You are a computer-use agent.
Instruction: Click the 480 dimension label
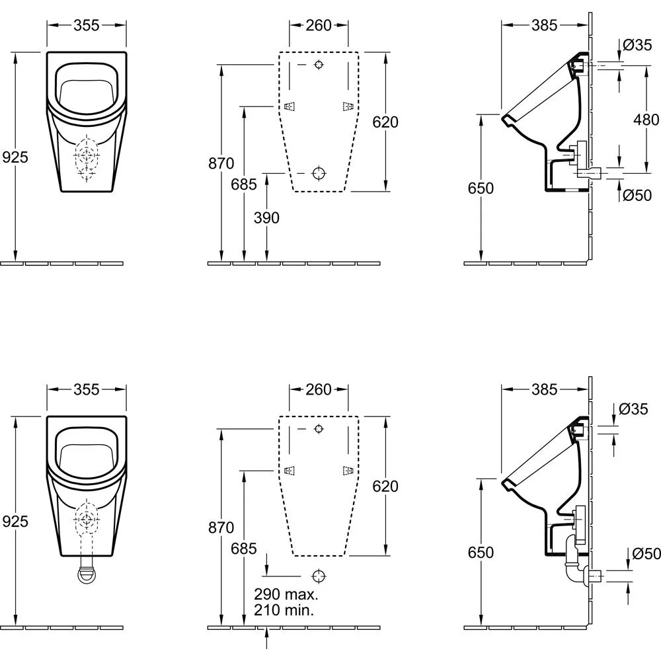point(646,120)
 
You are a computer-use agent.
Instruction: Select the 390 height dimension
point(266,217)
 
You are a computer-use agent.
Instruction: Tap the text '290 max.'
point(283,594)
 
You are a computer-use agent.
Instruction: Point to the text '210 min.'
point(283,609)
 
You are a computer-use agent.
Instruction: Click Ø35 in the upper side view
point(637,45)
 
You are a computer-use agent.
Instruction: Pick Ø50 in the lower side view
point(646,554)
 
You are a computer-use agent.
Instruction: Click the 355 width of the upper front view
point(86,25)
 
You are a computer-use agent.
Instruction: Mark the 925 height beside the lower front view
point(15,521)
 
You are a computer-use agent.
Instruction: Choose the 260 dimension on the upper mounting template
point(319,25)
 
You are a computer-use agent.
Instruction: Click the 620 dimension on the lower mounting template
point(385,486)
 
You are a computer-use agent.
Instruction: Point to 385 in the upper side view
point(545,25)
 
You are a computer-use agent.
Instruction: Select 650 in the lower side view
point(481,552)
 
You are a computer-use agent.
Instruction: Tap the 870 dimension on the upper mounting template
point(221,163)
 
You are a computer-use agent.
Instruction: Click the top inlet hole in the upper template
point(319,65)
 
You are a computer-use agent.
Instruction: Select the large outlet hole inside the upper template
point(319,173)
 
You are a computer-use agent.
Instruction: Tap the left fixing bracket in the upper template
point(289,107)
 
